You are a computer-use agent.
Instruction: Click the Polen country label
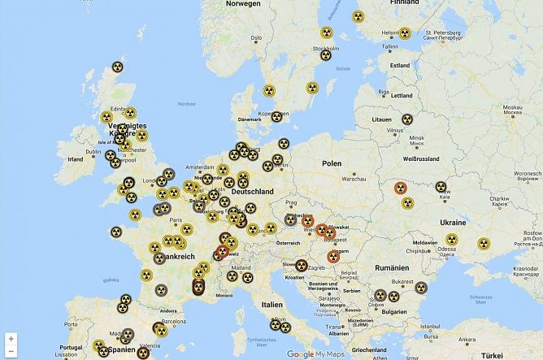coord(332,163)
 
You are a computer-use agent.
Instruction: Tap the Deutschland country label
coord(252,191)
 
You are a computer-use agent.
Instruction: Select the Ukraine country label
coord(452,222)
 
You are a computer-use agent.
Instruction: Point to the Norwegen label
coord(244,3)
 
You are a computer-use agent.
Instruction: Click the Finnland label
coord(404,2)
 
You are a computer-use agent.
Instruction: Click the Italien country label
coord(271,304)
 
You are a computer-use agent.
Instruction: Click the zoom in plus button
coord(11,337)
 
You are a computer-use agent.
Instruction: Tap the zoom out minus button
coord(11,351)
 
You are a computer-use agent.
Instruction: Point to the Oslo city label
coord(256,37)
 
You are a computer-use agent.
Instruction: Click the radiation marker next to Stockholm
coord(325,55)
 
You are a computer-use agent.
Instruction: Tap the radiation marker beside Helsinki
coord(405,33)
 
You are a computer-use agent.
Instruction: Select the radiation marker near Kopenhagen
coord(276,117)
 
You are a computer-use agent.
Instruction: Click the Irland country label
coord(76,159)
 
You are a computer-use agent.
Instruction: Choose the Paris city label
coord(176,219)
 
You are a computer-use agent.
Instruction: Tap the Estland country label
coord(400,65)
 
